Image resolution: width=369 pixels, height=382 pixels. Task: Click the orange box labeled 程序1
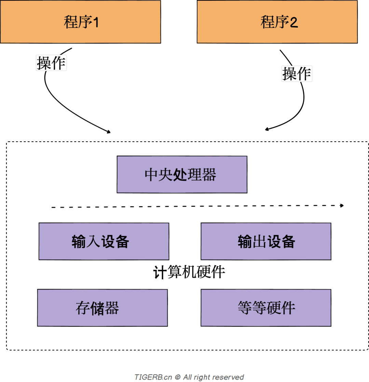[x=80, y=22]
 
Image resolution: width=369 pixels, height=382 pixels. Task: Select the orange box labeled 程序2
[x=277, y=22]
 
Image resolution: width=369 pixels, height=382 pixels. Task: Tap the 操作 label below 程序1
[x=51, y=63]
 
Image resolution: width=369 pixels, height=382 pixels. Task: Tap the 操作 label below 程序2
[x=297, y=73]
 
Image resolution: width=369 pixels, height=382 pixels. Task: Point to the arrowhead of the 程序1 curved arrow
[x=109, y=132]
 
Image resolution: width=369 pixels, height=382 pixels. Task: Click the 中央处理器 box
[x=182, y=174]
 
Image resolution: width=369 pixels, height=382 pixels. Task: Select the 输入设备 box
[x=104, y=241]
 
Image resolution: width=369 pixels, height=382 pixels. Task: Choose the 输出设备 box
[x=266, y=241]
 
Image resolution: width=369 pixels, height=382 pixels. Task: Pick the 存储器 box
[x=102, y=308]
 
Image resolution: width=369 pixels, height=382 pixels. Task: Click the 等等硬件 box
[x=266, y=308]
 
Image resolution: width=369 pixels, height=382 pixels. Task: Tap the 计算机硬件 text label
[x=189, y=273]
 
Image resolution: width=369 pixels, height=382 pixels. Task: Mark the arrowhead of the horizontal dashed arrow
[x=342, y=206]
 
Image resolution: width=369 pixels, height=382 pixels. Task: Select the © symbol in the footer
[x=177, y=377]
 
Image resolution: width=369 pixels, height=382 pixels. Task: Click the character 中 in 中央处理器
[x=151, y=175]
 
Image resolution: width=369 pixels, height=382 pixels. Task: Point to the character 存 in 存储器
[x=82, y=308]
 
